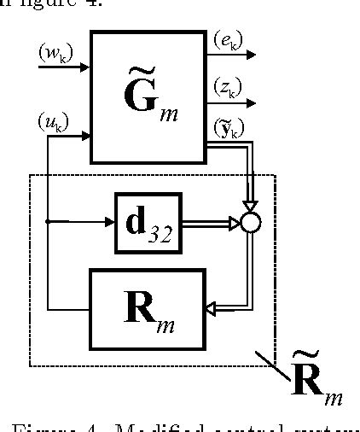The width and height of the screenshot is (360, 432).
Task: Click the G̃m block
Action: [x=148, y=96]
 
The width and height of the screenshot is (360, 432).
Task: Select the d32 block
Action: [x=148, y=223]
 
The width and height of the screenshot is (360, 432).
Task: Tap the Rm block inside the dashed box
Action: [x=148, y=308]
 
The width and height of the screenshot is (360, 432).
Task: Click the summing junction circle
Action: [x=249, y=223]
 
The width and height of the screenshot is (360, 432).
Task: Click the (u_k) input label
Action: [x=53, y=123]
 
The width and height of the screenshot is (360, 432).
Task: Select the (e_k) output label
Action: [x=225, y=40]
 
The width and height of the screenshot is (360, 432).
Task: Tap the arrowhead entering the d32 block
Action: [x=110, y=223]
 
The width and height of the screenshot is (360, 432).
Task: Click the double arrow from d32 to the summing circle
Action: [x=210, y=223]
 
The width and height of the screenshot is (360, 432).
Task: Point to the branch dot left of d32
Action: [x=48, y=223]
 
